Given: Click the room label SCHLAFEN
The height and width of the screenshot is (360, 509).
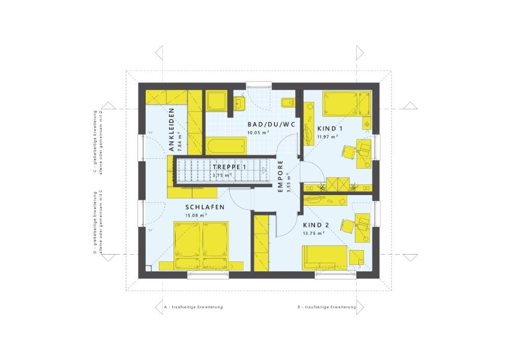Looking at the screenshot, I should [x=205, y=207].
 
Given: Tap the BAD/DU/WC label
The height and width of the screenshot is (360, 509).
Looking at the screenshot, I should [x=264, y=124].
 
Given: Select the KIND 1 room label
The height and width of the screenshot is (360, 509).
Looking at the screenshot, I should [x=329, y=128].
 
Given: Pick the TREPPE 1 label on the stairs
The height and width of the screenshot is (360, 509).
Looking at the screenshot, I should [x=230, y=167].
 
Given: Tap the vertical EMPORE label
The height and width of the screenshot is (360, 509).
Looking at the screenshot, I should [x=280, y=176].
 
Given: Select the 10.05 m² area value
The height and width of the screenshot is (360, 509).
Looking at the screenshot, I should [x=258, y=132].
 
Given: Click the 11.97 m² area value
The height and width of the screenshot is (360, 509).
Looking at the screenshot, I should [x=328, y=136].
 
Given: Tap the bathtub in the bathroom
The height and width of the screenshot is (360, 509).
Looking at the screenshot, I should [x=226, y=146].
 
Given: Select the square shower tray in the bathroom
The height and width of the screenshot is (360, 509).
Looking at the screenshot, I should [x=218, y=101].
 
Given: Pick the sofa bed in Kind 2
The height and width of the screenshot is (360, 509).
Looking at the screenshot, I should [x=326, y=257].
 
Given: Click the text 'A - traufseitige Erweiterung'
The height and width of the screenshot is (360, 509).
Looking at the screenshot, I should [x=193, y=308].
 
